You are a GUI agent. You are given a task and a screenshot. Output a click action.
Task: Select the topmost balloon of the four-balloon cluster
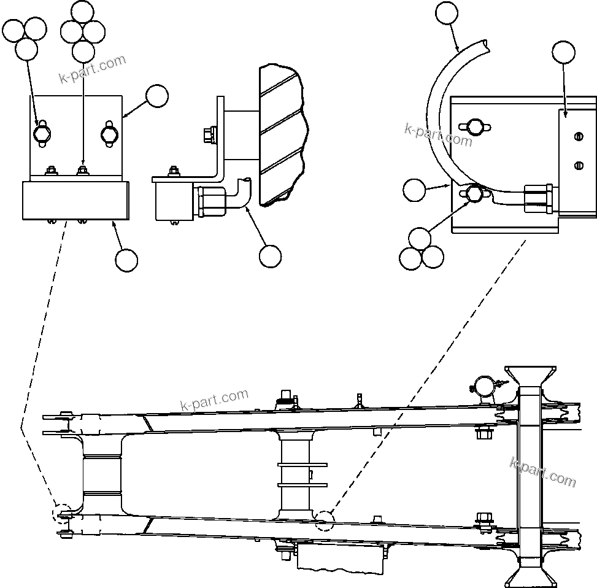[x=83, y=11]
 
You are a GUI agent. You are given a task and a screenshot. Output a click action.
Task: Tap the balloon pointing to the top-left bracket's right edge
[x=158, y=96]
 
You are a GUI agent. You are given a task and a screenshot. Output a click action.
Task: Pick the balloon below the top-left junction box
[x=126, y=260]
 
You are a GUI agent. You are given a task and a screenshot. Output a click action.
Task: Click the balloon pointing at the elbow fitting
[x=270, y=256]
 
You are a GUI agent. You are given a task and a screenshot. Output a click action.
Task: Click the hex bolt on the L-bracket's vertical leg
[x=210, y=133]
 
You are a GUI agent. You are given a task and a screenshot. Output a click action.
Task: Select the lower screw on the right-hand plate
[x=578, y=164]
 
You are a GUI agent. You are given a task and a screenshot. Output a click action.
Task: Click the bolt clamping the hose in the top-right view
[x=473, y=194]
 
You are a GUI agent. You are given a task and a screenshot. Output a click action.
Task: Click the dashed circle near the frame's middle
[x=325, y=520]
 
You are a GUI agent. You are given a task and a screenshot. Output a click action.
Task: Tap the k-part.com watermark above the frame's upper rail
[x=214, y=400]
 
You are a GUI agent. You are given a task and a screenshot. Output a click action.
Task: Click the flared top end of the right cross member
[x=530, y=376]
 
